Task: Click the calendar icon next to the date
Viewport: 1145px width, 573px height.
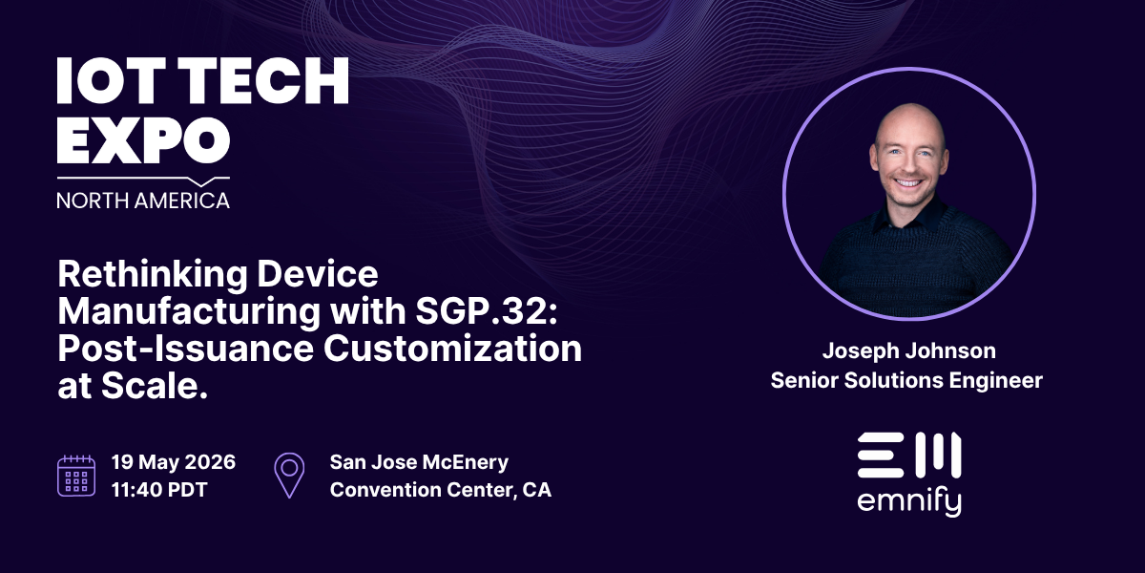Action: point(76,475)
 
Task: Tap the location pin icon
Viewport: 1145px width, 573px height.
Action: point(289,475)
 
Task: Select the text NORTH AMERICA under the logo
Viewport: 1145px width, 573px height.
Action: point(143,200)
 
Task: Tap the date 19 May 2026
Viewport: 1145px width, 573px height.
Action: point(174,462)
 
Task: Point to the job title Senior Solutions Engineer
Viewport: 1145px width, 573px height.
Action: point(907,380)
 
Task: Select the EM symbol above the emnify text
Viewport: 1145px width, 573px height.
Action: point(908,455)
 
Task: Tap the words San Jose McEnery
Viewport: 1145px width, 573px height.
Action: point(419,462)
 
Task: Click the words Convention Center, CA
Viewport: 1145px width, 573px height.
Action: point(440,490)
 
